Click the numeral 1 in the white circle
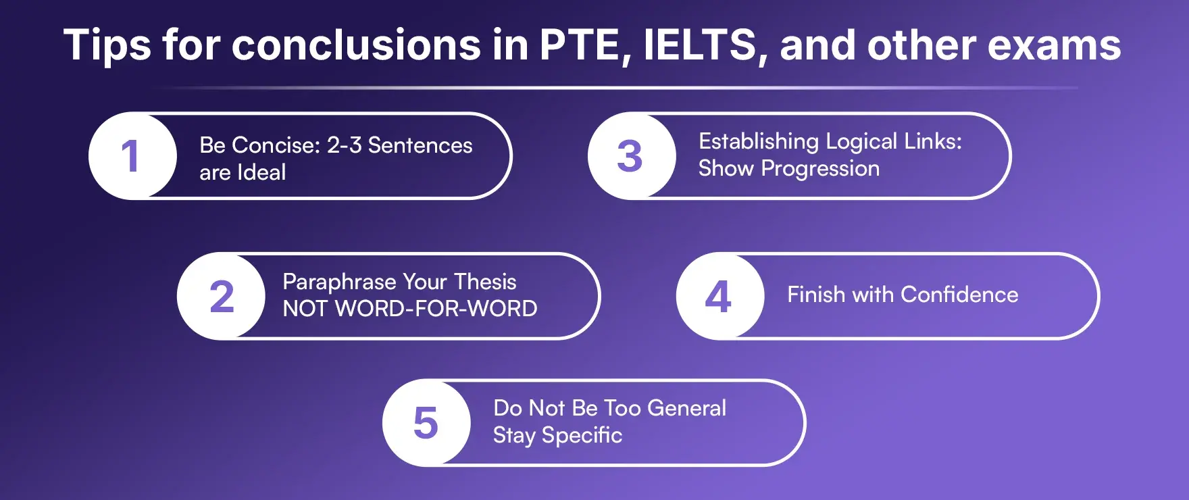coord(130,156)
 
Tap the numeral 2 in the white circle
coord(222,297)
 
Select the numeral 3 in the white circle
coord(630,156)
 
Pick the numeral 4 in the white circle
coord(718,297)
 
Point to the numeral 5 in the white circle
coord(426,424)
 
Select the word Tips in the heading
coord(107,45)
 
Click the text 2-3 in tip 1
coord(345,145)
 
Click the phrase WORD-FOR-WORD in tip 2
coord(436,309)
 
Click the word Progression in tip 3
coord(820,168)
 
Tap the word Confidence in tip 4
coord(959,295)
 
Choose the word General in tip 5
coord(686,408)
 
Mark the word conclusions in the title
coord(356,45)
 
